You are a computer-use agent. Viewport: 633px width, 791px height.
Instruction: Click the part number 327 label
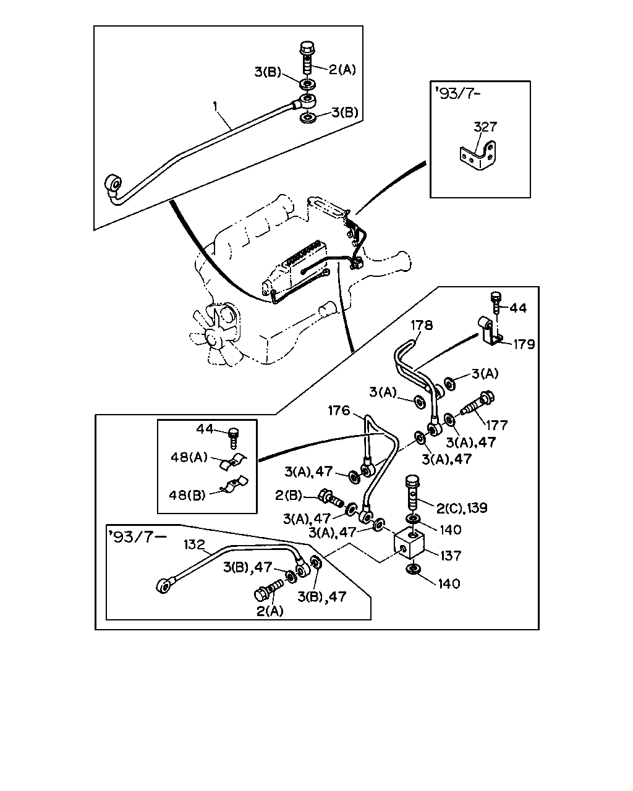485,127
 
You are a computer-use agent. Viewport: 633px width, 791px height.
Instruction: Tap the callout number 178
422,325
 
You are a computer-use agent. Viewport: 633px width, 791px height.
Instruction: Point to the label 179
524,344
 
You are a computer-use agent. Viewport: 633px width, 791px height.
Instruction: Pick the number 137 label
451,556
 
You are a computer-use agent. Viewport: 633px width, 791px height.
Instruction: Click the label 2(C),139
462,508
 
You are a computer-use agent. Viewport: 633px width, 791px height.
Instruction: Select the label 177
497,425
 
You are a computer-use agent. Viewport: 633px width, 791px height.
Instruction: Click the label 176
339,410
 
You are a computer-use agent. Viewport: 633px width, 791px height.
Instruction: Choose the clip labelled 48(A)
233,462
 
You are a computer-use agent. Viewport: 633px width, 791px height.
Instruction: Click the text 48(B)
187,495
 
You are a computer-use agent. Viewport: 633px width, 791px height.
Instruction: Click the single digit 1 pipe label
215,106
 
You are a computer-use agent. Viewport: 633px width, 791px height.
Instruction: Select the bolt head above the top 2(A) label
307,48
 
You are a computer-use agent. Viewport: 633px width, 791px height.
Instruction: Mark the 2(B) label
288,496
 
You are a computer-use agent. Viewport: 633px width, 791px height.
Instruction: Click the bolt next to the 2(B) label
331,497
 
